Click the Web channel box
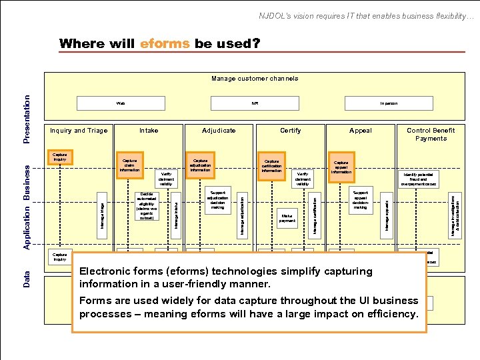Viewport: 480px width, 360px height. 121,103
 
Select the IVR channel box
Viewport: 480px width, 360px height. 255,103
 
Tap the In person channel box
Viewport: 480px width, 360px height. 389,103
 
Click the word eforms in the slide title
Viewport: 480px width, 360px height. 165,44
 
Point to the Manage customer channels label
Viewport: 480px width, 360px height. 255,79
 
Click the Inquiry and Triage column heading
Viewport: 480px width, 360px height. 79,131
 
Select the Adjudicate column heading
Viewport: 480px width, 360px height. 219,131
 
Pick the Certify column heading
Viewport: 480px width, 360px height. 290,131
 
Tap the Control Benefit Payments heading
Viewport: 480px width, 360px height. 431,135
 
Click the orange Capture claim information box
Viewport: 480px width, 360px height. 130,165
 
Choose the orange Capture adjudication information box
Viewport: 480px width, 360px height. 200,165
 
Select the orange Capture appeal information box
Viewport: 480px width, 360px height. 341,167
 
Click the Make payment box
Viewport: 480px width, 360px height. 287,219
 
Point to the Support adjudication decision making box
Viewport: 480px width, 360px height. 217,199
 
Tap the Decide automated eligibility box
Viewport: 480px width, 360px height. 147,207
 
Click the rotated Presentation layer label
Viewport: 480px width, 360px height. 27,118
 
